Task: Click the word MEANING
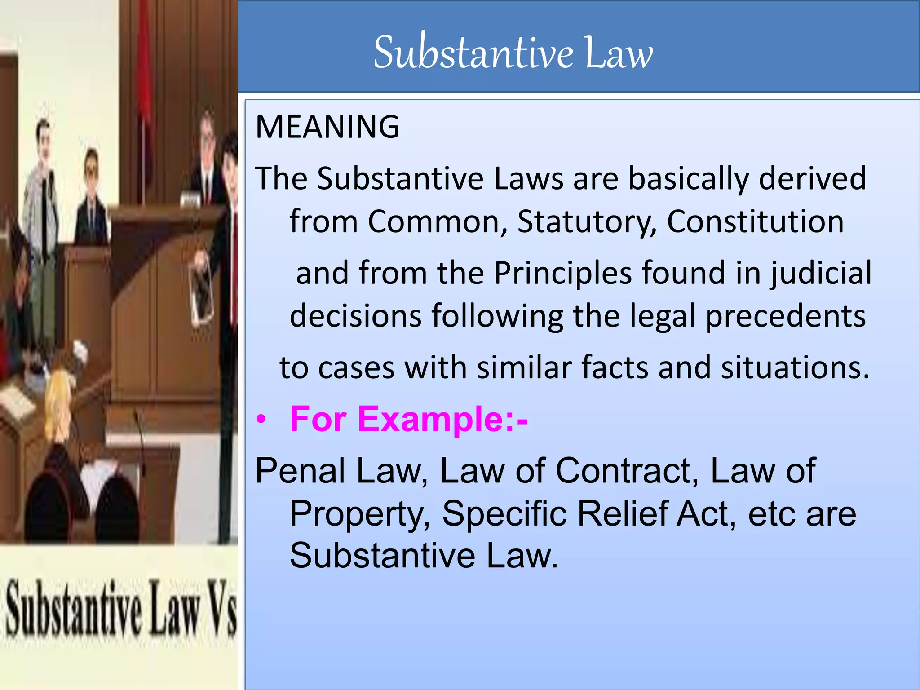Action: tap(327, 127)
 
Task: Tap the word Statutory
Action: tap(587, 222)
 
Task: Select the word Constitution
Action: tap(755, 222)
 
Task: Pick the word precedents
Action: tap(785, 316)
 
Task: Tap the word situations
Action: tap(795, 367)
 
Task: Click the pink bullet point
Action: tap(261, 420)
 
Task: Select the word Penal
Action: tap(301, 471)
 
